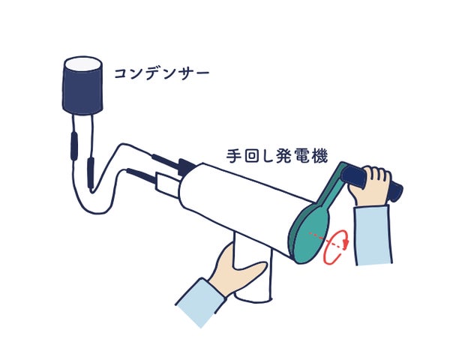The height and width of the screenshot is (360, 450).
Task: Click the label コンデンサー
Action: point(161,73)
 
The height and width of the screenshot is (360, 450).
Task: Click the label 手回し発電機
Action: point(277,156)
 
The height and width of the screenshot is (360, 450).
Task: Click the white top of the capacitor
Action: point(83,64)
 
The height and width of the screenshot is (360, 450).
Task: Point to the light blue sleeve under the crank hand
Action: point(373,235)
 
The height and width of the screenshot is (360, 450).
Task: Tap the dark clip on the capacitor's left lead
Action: point(74,146)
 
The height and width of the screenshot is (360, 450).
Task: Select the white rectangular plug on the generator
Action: point(168,181)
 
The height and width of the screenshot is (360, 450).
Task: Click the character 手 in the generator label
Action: point(233,156)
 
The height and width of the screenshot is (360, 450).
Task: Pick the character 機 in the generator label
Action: point(319,156)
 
